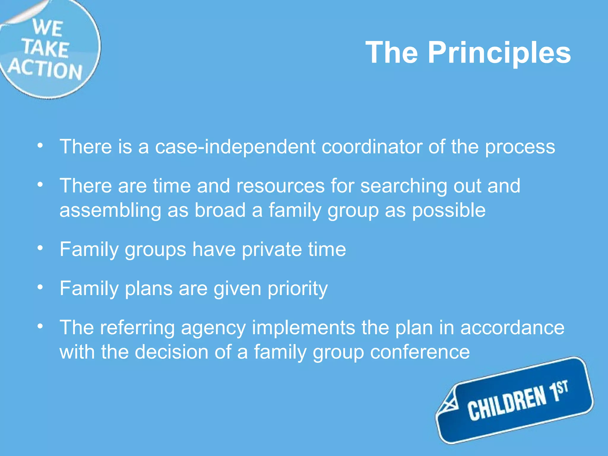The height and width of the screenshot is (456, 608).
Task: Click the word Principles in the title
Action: click(x=499, y=53)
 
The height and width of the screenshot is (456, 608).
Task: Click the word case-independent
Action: click(x=235, y=147)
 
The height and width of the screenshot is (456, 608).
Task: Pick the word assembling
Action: click(x=110, y=210)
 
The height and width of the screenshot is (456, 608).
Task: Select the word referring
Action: click(x=137, y=328)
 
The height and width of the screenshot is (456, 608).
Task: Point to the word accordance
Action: click(x=512, y=328)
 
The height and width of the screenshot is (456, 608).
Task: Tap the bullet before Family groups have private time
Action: click(x=40, y=248)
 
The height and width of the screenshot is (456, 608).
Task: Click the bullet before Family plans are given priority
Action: click(x=40, y=287)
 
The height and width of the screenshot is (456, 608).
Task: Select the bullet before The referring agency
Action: click(x=40, y=326)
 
